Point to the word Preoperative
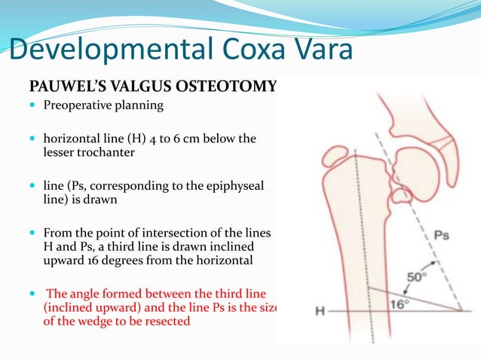click(78, 105)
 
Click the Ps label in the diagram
click(441, 235)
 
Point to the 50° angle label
click(417, 277)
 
